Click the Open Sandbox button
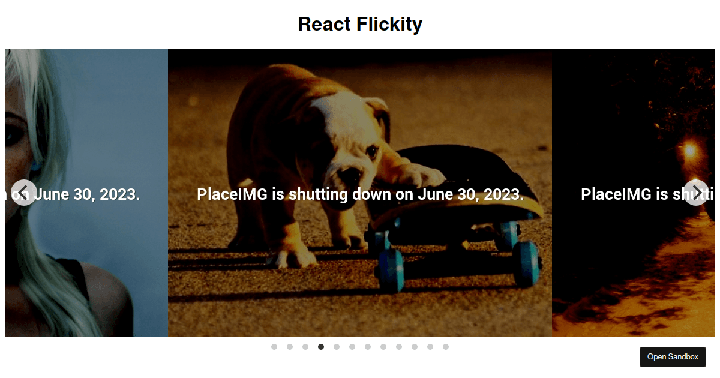click(x=673, y=357)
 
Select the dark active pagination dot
click(x=321, y=347)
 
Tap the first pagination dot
click(x=274, y=347)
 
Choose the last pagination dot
click(x=446, y=347)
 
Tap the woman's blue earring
click(x=34, y=166)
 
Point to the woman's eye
click(x=12, y=136)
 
